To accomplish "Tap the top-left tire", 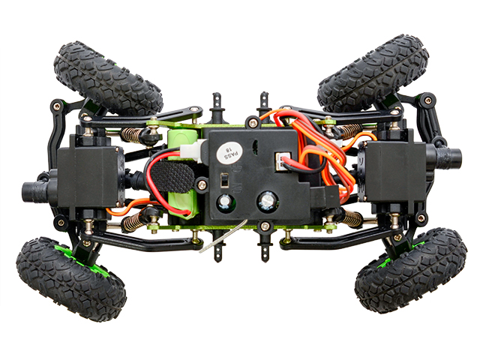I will (108, 77).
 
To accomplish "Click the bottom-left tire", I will (71, 277).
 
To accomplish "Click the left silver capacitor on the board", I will (226, 202).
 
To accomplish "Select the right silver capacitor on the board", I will (267, 201).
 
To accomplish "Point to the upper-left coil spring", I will (136, 136).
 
